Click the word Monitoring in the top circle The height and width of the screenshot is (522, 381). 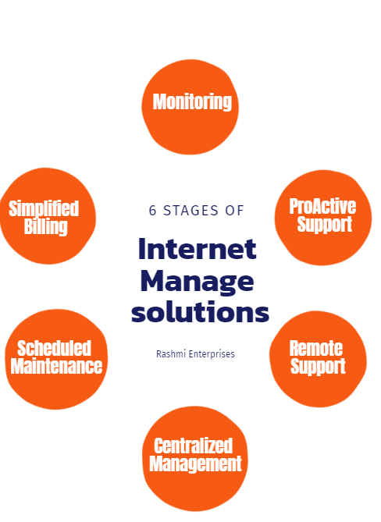(192, 102)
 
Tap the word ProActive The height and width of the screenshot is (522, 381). (322, 206)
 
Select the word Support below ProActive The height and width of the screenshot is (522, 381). (324, 225)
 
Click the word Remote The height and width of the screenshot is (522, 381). (315, 349)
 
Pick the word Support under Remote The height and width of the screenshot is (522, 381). (318, 367)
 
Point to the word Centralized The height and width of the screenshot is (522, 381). (193, 446)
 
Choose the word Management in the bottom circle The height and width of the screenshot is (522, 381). (195, 464)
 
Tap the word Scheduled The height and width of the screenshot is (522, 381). (54, 349)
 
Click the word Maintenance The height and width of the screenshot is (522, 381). (56, 366)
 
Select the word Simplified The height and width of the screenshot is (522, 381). (44, 209)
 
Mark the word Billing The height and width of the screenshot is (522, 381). (45, 227)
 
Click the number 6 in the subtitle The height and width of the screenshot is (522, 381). (152, 211)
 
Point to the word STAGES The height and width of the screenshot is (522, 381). (190, 211)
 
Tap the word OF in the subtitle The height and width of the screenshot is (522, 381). (235, 211)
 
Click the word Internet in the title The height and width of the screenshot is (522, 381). (198, 248)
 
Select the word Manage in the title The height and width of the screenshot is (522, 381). (198, 282)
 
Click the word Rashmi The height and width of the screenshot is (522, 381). (171, 354)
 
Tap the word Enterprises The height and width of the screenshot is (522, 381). (212, 354)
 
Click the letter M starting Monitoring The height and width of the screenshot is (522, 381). (160, 101)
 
